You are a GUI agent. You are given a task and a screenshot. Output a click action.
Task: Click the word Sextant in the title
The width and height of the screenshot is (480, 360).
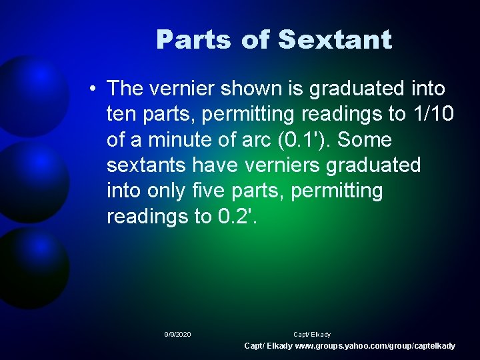[x=335, y=40]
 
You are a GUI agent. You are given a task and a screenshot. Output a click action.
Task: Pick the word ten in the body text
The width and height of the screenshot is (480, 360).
[x=121, y=114]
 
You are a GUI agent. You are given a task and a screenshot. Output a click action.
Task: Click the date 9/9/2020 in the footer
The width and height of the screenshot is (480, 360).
[x=177, y=334]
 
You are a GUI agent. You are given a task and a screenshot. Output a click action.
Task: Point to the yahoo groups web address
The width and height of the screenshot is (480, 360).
[x=375, y=346]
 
